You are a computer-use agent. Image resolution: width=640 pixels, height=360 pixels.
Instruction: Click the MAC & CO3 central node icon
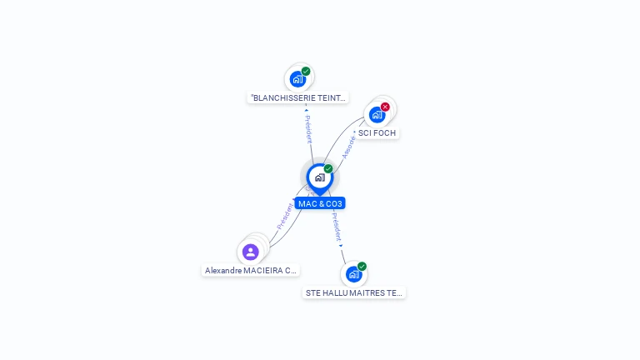click(319, 177)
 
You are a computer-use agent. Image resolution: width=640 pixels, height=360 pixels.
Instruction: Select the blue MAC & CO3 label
click(320, 203)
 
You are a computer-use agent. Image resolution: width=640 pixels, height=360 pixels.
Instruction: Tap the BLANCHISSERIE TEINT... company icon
click(297, 80)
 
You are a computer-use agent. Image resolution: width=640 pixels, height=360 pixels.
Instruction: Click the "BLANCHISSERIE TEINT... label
click(298, 97)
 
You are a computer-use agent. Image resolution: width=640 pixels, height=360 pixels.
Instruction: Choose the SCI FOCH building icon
click(377, 115)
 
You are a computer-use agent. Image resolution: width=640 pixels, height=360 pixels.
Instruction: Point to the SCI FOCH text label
click(377, 132)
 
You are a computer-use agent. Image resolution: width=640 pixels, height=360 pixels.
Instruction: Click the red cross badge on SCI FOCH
click(385, 107)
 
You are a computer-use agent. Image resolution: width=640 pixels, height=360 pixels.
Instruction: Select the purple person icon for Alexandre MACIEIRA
click(251, 252)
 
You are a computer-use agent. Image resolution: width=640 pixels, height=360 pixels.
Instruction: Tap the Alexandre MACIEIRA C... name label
click(251, 270)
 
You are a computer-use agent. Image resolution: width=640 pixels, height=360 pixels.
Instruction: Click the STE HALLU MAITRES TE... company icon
click(353, 274)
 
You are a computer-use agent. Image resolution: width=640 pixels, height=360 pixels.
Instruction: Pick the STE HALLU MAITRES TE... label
click(354, 292)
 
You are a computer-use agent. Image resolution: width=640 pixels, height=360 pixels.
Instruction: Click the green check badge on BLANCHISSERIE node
click(306, 72)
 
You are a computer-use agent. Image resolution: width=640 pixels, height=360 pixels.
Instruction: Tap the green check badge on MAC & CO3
click(328, 169)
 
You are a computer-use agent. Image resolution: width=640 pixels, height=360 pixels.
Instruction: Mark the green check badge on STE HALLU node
click(362, 267)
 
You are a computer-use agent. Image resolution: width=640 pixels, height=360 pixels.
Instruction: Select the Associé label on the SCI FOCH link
click(349, 147)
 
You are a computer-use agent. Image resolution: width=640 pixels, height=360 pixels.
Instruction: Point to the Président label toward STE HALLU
click(336, 226)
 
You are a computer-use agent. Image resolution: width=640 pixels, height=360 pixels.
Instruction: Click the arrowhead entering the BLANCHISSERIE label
click(307, 109)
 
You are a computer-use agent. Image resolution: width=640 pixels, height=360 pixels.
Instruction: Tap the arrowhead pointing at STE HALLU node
click(341, 246)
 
